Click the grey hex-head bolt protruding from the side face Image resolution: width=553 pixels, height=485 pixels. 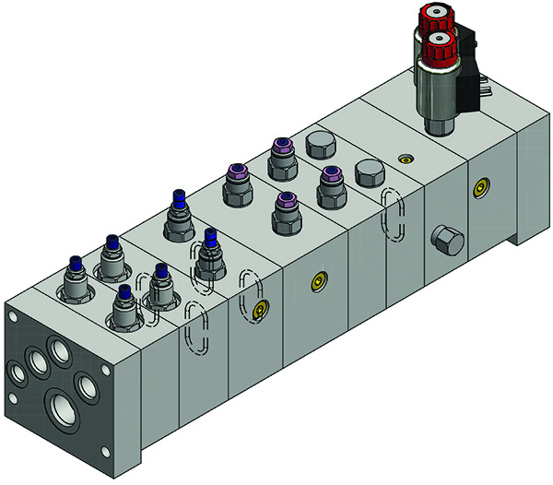point(443,240)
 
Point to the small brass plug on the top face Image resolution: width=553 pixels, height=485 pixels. point(404,160)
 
